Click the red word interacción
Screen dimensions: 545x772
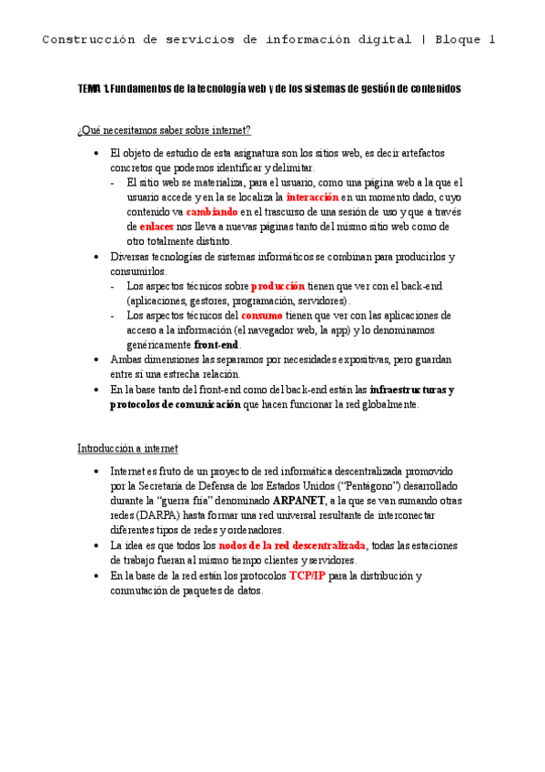tap(312, 198)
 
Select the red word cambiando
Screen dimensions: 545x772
tap(217, 212)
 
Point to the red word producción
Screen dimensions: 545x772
tap(278, 286)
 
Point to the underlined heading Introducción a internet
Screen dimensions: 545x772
tap(127, 449)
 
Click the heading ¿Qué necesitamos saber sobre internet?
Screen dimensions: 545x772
tap(164, 131)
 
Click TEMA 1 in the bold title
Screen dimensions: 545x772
tap(93, 89)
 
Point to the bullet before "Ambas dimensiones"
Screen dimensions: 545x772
tap(96, 360)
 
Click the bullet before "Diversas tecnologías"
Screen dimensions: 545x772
tap(96, 257)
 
